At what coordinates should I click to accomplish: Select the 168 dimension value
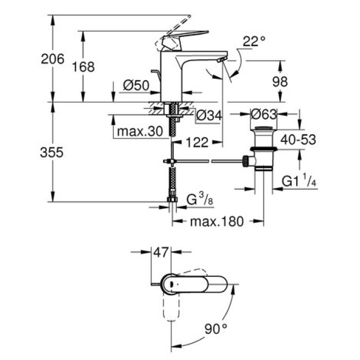tap(84, 66)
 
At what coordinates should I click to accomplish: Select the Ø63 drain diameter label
tap(264, 114)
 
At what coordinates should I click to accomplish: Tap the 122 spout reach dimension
tap(197, 142)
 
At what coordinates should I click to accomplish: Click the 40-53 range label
tap(297, 138)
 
